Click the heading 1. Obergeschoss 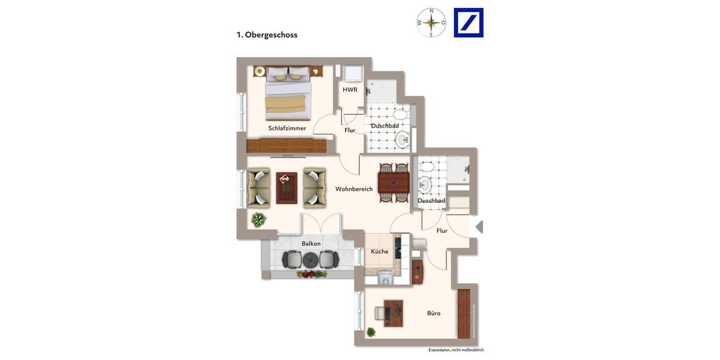tap(267, 35)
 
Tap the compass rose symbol tap(431, 23)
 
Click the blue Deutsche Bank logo tap(469, 23)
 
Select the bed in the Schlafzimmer tap(289, 93)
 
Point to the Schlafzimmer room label tap(287, 128)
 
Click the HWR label tap(350, 90)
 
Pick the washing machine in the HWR tap(352, 73)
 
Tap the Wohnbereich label tap(354, 189)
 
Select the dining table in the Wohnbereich tap(394, 182)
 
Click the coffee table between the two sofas tap(286, 188)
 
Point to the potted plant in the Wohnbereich tap(259, 220)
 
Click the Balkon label tap(311, 244)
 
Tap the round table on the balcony tap(310, 260)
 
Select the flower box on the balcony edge tap(311, 274)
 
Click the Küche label tap(379, 251)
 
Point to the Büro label tap(434, 313)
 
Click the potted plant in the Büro tap(371, 332)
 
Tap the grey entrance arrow tap(479, 227)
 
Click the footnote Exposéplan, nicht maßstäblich tap(455, 350)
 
